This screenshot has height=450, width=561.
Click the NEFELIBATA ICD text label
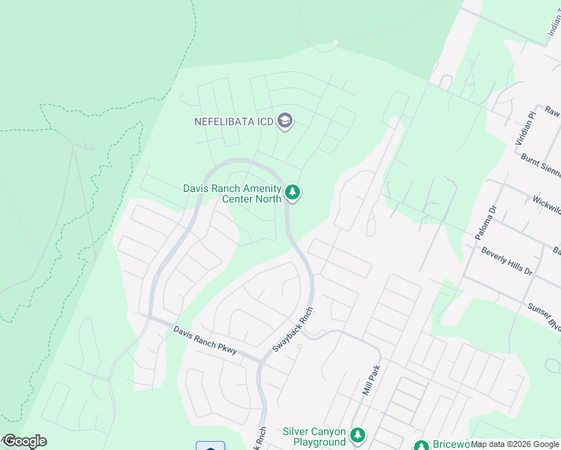232,121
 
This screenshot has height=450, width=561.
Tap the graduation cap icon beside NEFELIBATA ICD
285,121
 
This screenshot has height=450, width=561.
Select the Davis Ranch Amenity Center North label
232,193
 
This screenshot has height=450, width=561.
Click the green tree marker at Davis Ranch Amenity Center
292,193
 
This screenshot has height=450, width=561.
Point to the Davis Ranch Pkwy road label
205,340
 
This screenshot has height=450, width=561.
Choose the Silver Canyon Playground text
314,436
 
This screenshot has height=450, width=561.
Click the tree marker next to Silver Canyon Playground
358,435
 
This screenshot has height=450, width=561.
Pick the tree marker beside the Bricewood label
421,445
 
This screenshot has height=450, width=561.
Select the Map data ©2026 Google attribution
515,445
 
